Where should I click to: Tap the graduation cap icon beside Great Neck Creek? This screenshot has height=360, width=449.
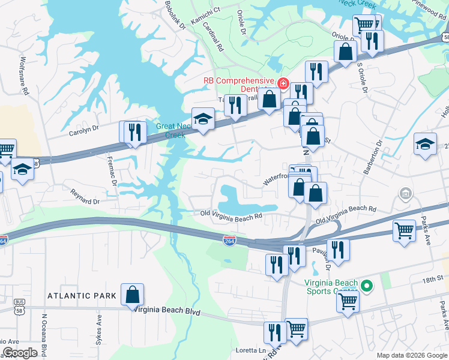(x=203, y=119)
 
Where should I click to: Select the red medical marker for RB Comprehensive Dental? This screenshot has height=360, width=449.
(x=283, y=83)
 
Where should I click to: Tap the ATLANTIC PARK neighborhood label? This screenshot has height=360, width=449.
(x=82, y=296)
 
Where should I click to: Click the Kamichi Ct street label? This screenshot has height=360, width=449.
(x=206, y=10)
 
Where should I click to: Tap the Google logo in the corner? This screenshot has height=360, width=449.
(x=20, y=353)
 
